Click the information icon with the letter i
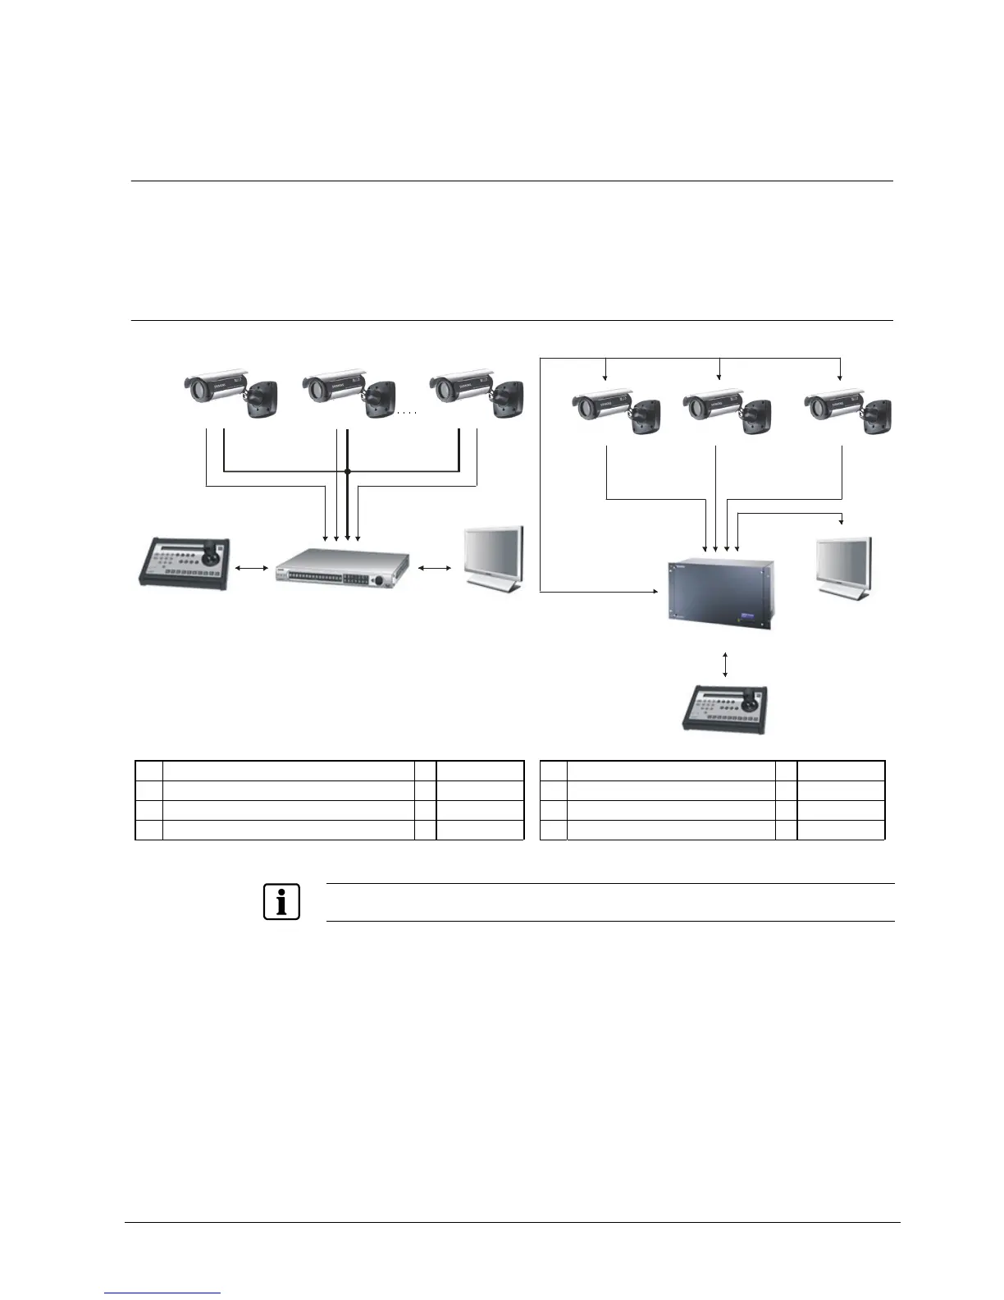point(281,902)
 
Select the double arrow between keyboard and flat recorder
point(252,567)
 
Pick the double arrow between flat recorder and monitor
point(435,567)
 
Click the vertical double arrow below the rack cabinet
point(725,664)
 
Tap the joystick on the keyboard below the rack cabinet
point(751,702)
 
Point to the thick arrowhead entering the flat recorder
point(348,537)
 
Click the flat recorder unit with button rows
point(340,572)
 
